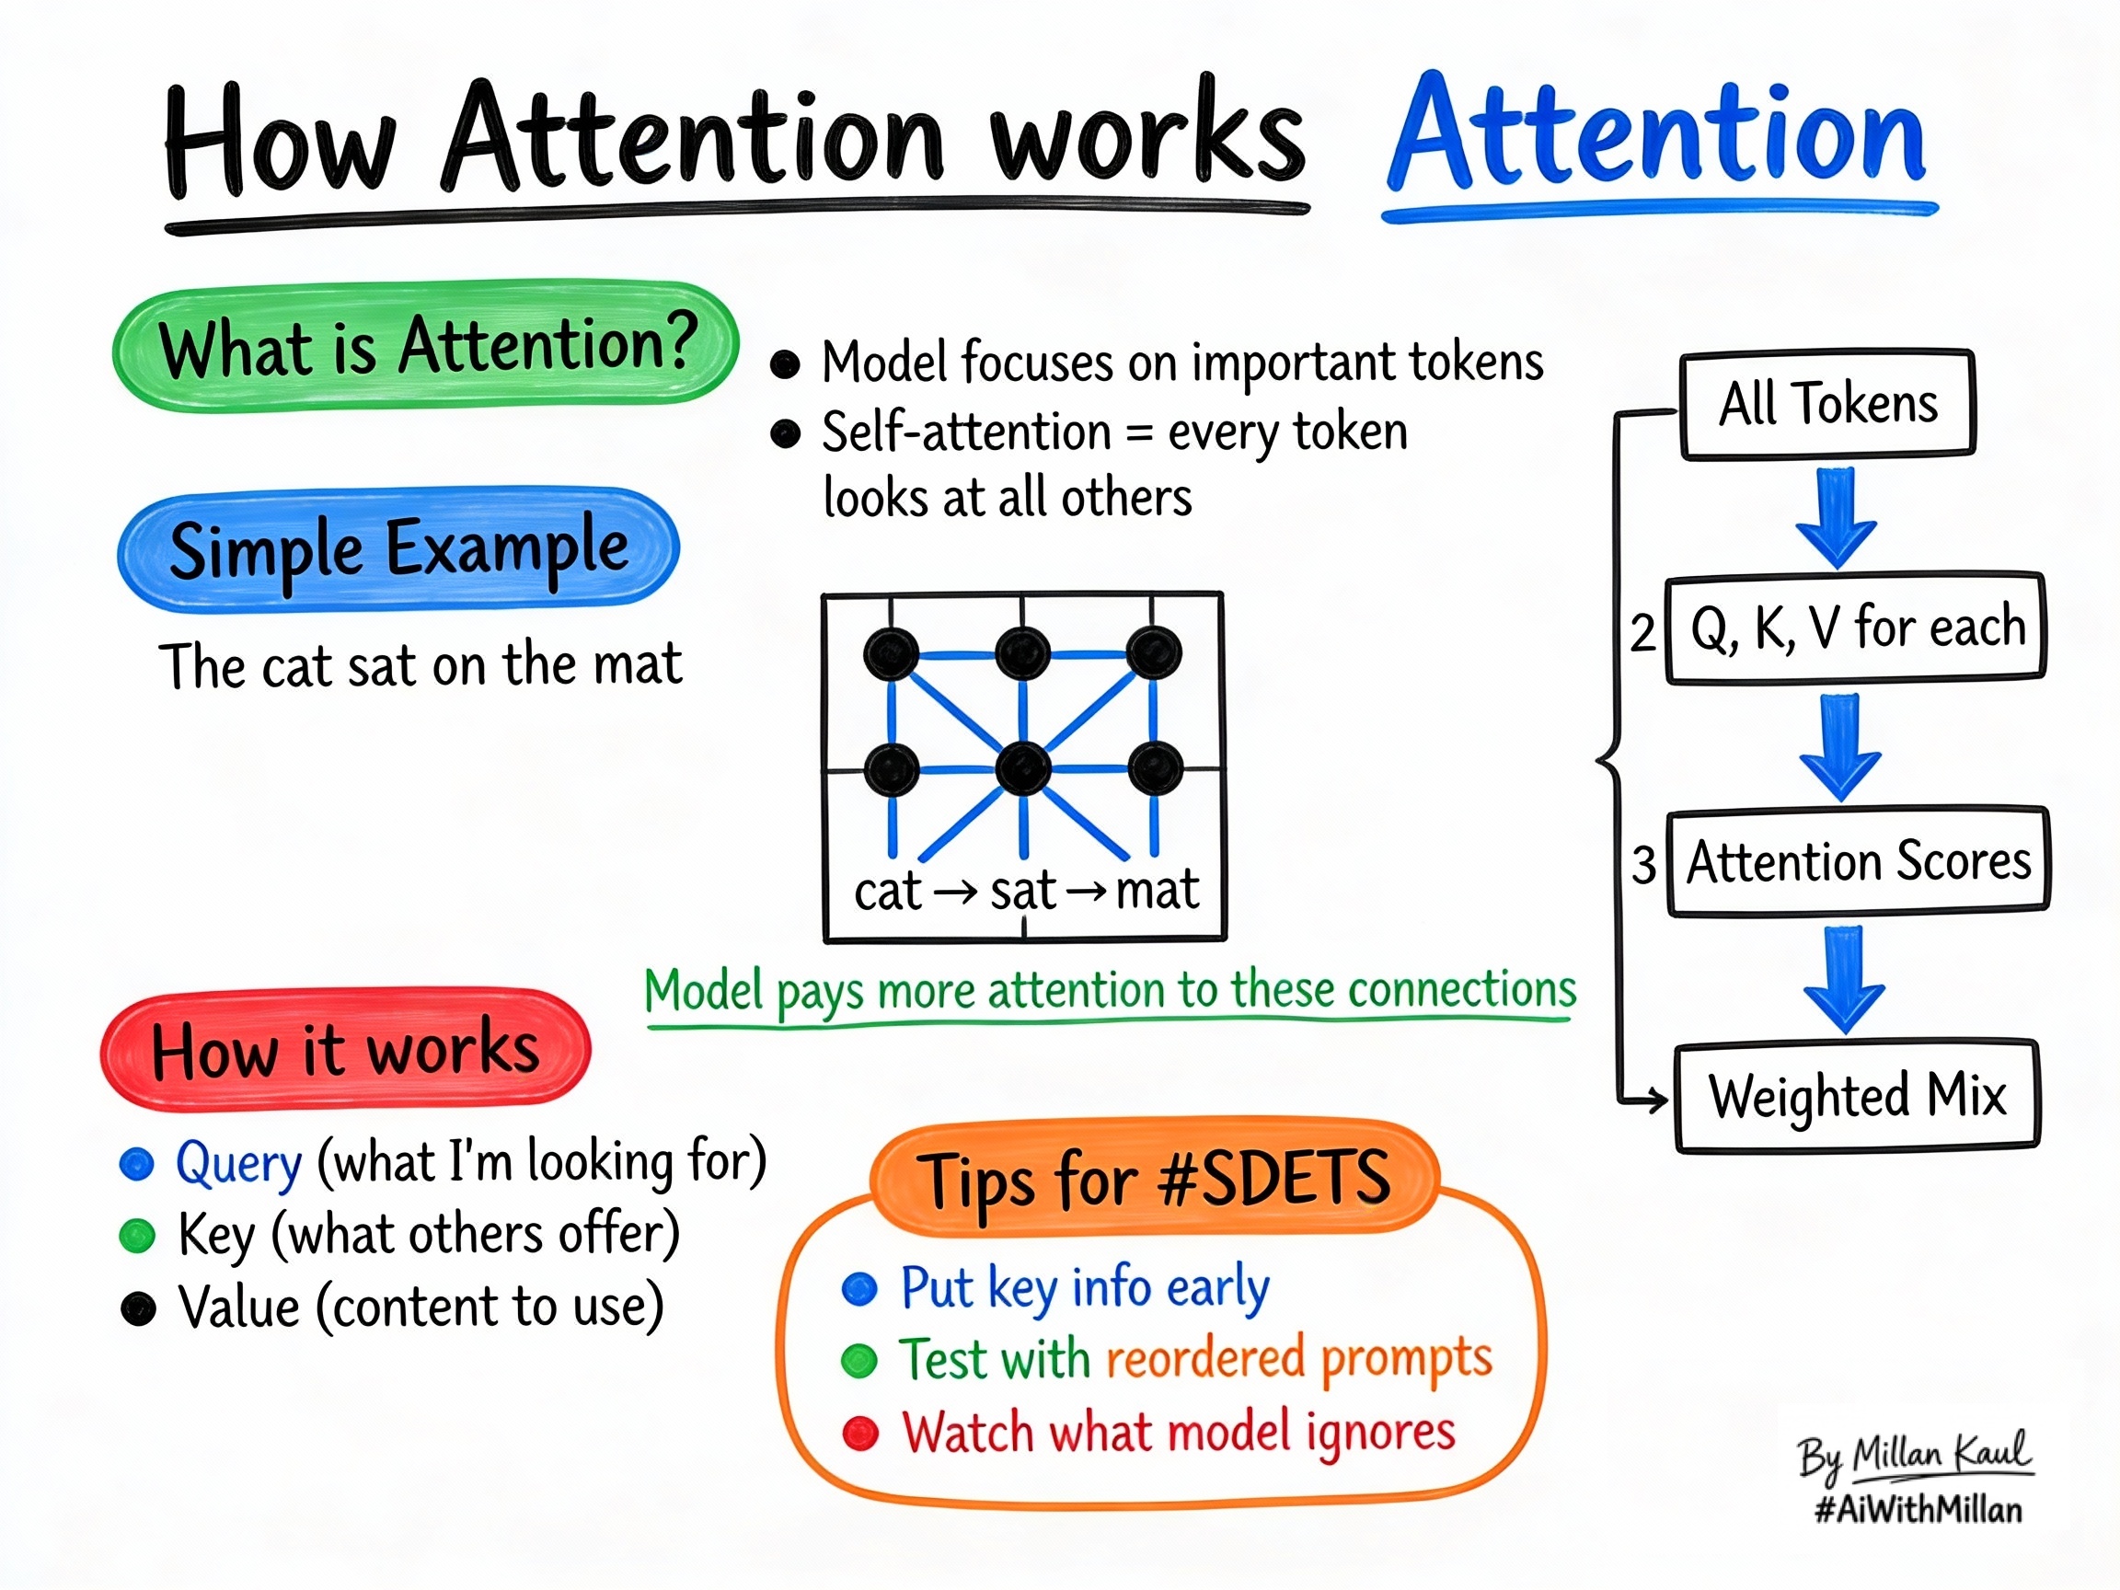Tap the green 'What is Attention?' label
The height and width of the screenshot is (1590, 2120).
point(425,346)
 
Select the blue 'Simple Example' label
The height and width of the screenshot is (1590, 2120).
point(398,549)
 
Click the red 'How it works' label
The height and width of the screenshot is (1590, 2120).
point(345,1050)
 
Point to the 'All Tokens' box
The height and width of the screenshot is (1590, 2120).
point(1827,404)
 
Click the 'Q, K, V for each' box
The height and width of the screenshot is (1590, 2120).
point(1857,628)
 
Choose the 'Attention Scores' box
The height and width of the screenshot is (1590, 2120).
point(1859,861)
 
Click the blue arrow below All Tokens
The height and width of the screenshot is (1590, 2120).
point(1836,517)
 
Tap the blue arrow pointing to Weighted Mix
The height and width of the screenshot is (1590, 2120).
point(1844,978)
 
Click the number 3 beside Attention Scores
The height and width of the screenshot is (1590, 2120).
point(1644,865)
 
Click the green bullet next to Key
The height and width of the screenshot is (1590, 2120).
point(137,1237)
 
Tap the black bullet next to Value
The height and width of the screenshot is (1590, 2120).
point(138,1308)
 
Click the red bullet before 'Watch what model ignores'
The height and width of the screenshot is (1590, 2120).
point(860,1434)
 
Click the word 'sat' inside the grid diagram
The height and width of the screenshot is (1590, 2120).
point(1022,892)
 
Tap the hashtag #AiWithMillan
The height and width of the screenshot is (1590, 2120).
point(1918,1511)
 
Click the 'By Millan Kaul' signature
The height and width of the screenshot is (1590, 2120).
point(1915,1455)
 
